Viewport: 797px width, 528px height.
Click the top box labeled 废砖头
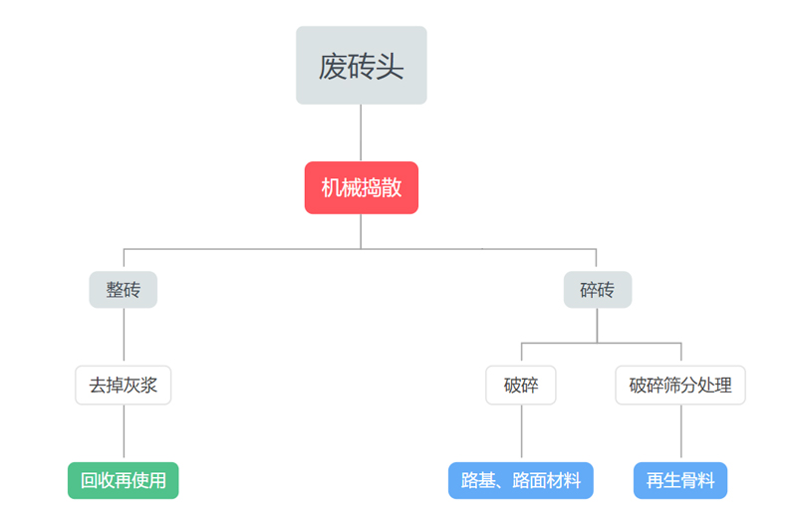tap(361, 66)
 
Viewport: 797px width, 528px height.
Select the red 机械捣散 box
tap(361, 188)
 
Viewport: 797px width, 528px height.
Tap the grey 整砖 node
tap(124, 290)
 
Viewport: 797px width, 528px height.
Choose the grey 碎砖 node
tap(597, 290)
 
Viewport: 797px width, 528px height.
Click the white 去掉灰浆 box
tap(124, 386)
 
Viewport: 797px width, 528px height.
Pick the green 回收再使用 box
tap(124, 480)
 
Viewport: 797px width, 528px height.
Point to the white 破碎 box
tap(521, 386)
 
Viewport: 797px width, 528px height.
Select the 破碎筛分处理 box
tap(680, 386)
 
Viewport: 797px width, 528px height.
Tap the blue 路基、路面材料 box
tap(521, 480)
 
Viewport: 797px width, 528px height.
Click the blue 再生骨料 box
tap(680, 480)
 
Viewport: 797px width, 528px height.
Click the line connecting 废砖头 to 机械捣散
tap(361, 132)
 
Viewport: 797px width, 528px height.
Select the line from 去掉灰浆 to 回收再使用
tap(124, 433)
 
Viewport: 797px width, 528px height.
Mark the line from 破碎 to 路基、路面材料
tap(521, 433)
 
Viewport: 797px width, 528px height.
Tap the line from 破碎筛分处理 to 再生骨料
tap(680, 433)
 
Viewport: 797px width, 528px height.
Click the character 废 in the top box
tap(333, 67)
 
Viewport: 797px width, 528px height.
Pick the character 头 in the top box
tap(390, 67)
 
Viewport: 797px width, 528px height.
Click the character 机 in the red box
tap(330, 188)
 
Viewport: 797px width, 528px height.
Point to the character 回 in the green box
tap(90, 481)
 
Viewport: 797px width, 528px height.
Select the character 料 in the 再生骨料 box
tap(705, 481)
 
